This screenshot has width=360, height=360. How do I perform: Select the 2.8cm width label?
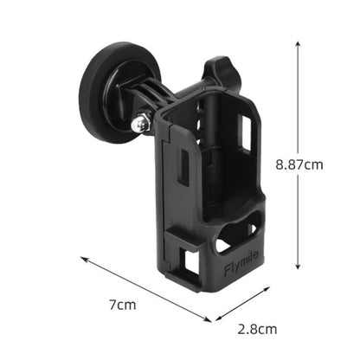[x=258, y=329]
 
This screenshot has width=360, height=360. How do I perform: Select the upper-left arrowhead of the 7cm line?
[x=84, y=258]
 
